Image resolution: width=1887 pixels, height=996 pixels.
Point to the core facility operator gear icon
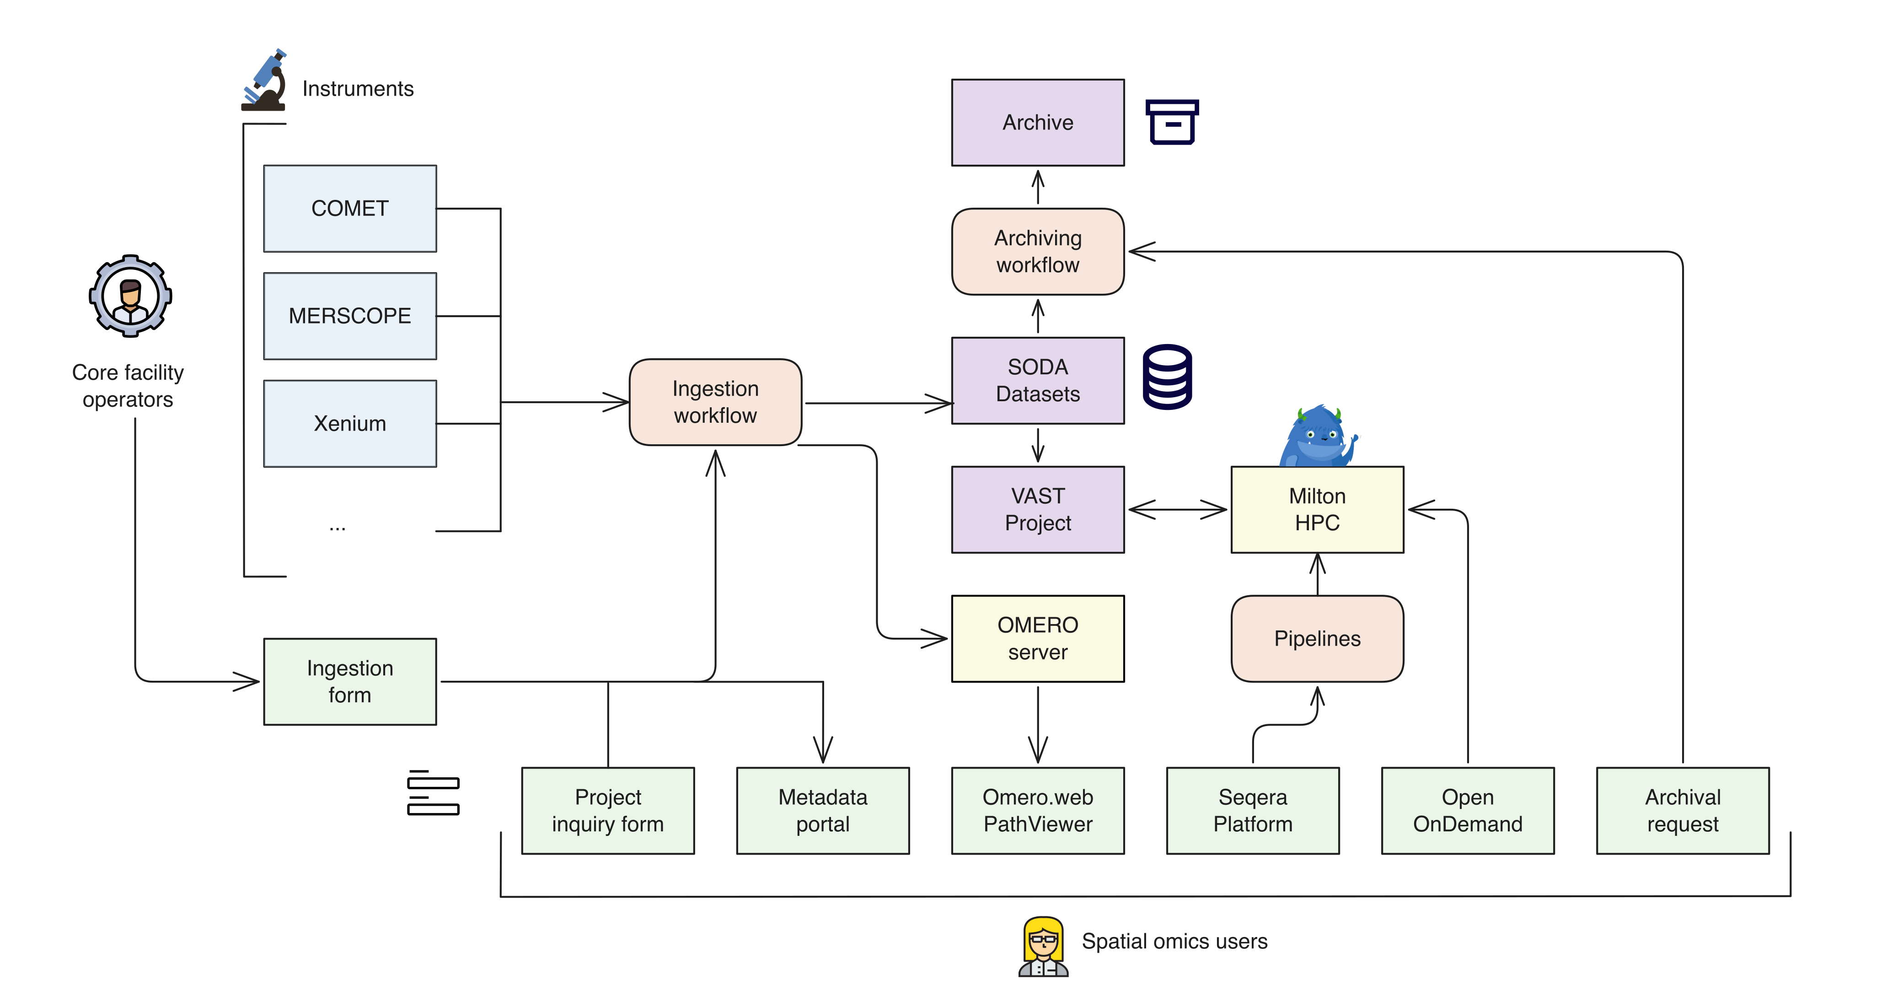click(x=130, y=296)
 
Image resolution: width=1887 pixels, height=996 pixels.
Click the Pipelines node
click(x=1317, y=638)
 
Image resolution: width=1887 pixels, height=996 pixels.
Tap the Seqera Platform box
click(x=1253, y=811)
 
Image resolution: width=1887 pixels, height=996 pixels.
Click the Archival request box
click(x=1683, y=811)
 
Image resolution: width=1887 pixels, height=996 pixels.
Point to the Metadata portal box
click(x=823, y=811)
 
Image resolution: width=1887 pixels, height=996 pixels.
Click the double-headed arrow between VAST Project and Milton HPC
click(x=1177, y=509)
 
